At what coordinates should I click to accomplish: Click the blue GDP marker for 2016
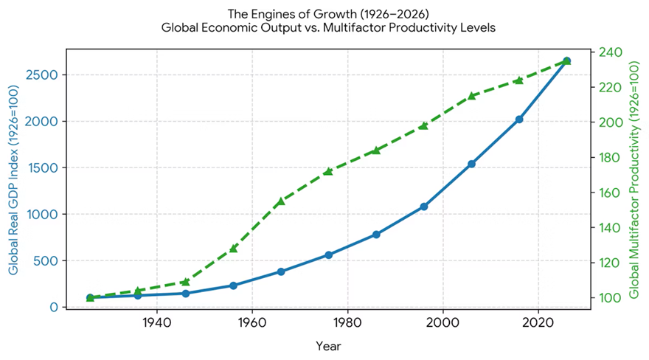[519, 120]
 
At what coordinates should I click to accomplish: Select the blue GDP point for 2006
[471, 164]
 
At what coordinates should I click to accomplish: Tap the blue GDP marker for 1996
[424, 207]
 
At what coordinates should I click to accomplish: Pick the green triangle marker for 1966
[281, 201]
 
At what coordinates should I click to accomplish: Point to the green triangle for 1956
[233, 249]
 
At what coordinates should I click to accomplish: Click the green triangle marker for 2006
[471, 96]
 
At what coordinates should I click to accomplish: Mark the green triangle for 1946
[185, 282]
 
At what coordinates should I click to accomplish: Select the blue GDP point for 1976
[329, 255]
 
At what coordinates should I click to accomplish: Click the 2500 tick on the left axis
[41, 75]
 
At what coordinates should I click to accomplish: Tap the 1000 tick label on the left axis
[41, 215]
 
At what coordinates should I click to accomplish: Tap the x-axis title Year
[328, 346]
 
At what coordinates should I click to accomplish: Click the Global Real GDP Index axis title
[14, 179]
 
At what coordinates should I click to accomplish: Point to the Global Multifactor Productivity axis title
[634, 179]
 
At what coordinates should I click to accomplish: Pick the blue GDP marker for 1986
[376, 234]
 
